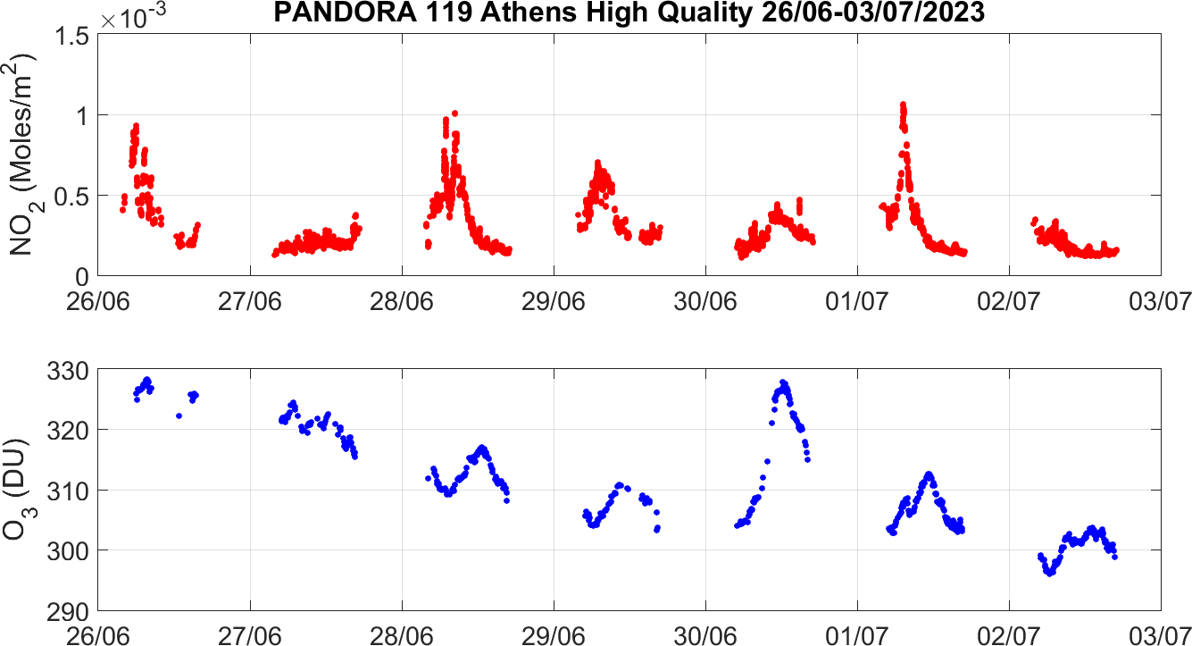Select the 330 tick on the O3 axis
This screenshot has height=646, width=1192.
coord(71,370)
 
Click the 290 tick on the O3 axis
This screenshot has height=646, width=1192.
coord(71,611)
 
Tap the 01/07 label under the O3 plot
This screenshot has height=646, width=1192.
coord(857,633)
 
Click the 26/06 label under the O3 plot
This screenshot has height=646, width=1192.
coord(99,633)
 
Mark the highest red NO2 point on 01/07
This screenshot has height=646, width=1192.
coord(903,105)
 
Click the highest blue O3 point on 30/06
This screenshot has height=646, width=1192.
coord(783,382)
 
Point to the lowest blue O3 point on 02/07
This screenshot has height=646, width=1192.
coord(1050,574)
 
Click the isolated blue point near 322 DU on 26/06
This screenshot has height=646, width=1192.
coord(179,415)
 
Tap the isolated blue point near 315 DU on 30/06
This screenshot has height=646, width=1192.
coord(767,461)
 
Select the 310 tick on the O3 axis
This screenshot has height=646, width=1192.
coord(71,491)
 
